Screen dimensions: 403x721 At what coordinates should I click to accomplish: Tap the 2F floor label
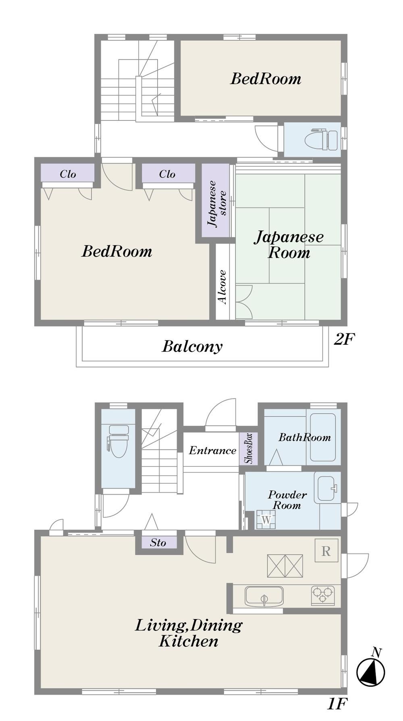344,339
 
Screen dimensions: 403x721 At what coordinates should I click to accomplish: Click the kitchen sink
264,597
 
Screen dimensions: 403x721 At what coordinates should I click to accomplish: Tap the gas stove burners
322,595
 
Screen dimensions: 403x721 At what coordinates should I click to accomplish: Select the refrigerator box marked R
326,551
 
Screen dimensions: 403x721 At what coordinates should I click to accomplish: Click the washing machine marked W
266,520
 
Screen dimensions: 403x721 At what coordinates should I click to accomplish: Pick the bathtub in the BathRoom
323,437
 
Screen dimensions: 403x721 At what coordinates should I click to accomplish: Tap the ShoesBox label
248,448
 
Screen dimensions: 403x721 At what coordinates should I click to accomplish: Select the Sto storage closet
158,543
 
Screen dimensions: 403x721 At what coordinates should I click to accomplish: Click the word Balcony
192,346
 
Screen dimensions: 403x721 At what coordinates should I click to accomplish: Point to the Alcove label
222,287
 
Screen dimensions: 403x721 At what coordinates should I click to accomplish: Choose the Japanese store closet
216,201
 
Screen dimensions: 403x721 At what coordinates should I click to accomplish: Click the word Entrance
212,450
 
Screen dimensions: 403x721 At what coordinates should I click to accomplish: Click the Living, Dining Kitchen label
189,633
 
